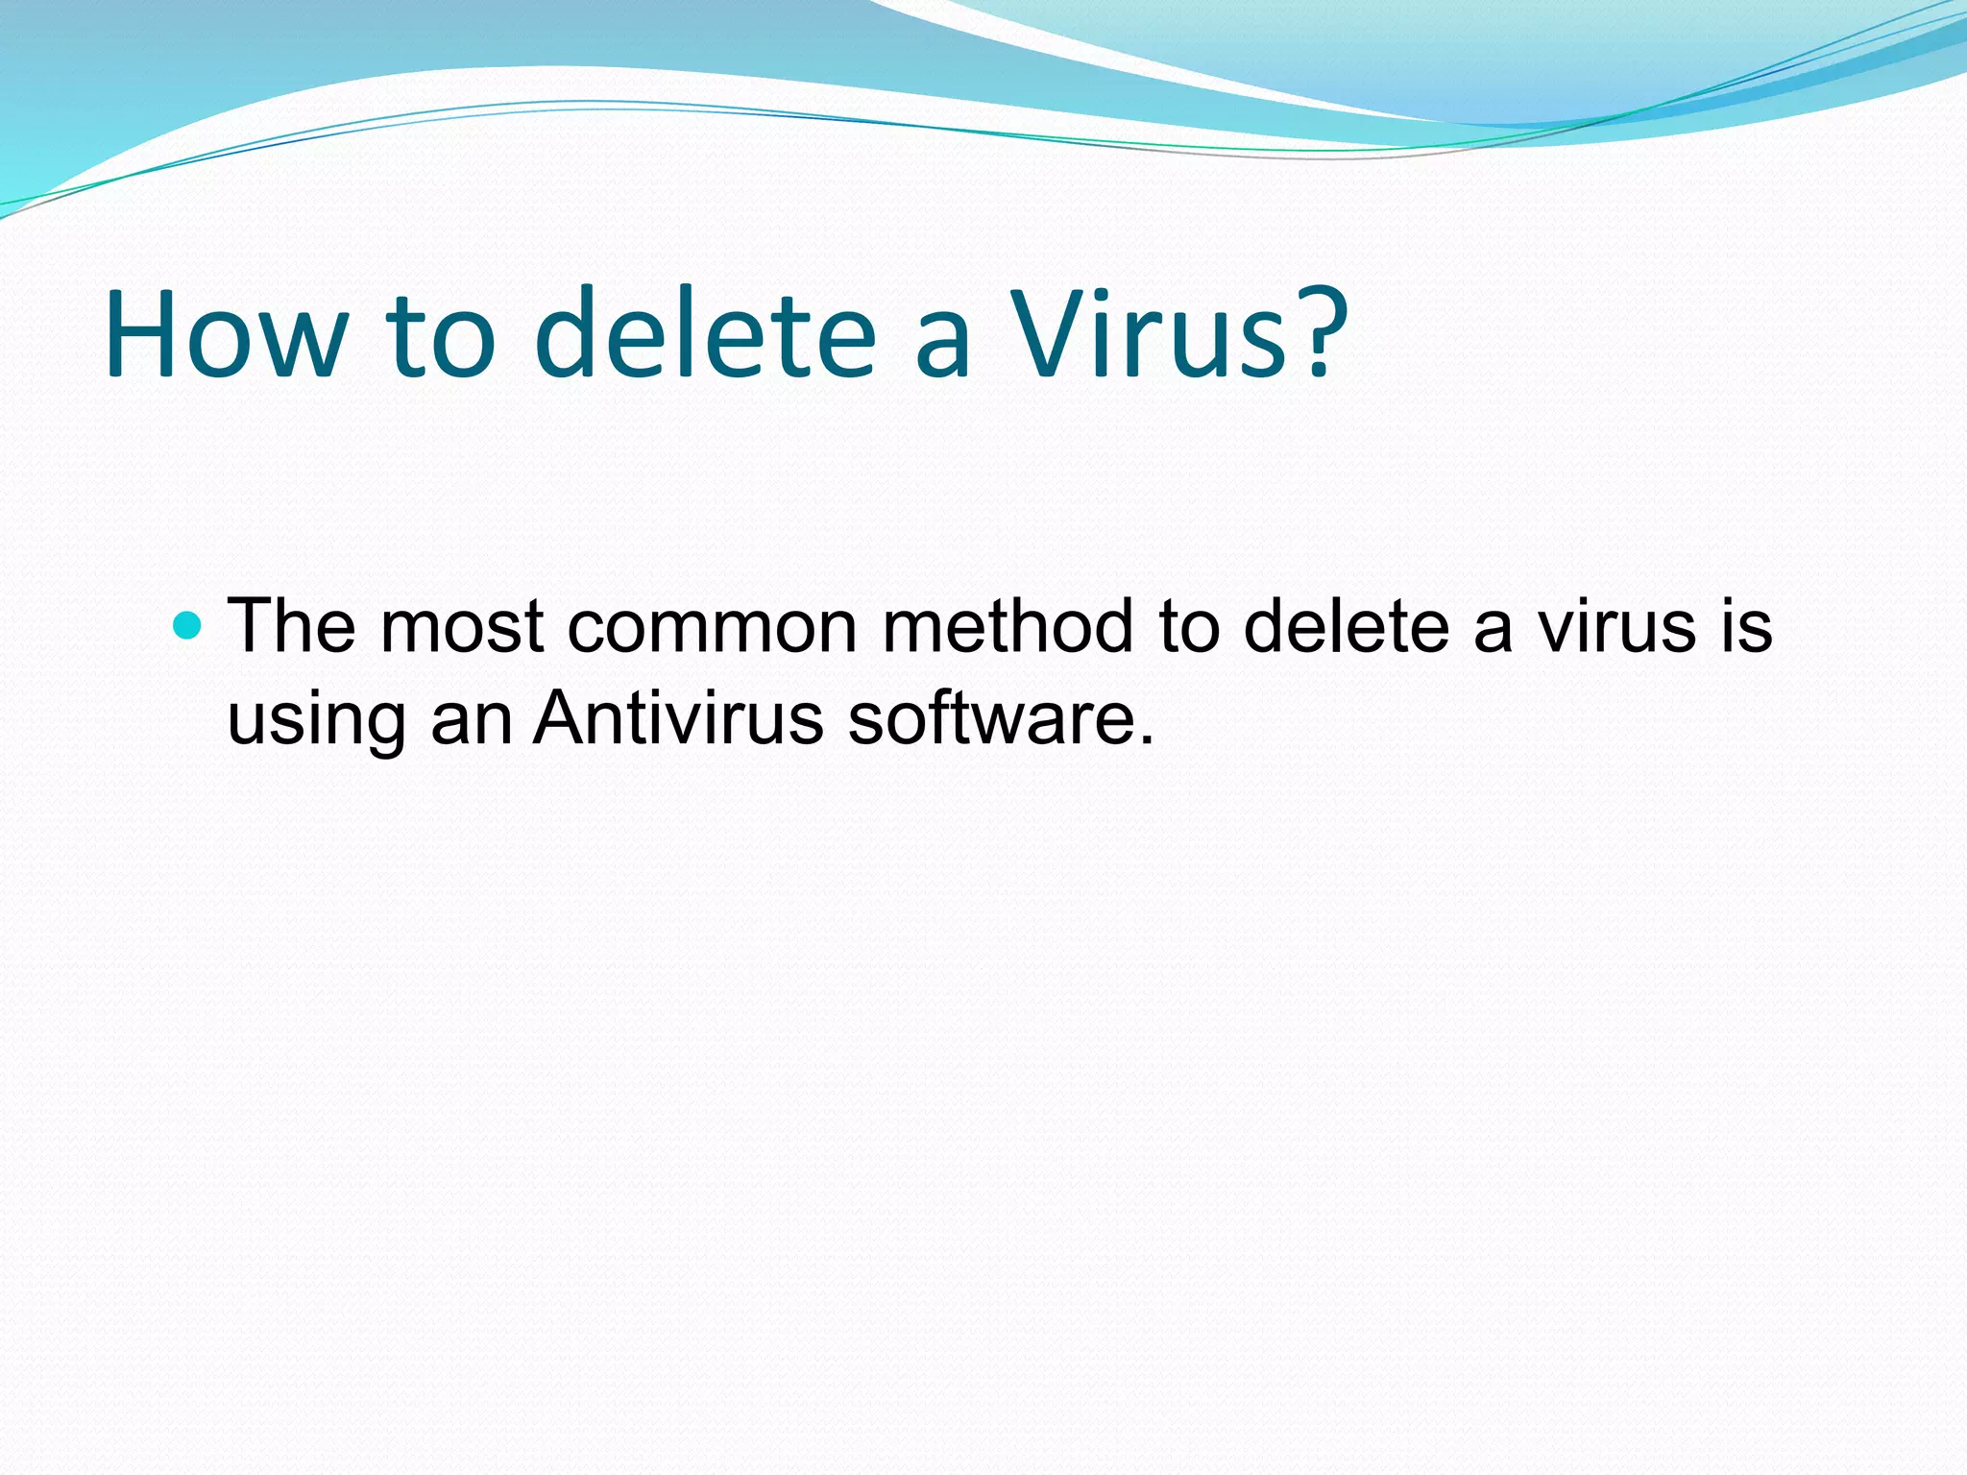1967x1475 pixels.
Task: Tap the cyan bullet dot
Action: pos(187,627)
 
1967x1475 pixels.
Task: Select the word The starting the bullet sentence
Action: pos(291,626)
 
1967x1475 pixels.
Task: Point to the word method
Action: pos(1008,626)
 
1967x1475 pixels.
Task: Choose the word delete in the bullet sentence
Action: pos(1346,626)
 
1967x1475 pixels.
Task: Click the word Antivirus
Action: pos(678,717)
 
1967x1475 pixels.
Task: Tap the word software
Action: pos(990,717)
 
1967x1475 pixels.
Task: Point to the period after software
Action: pos(1144,740)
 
